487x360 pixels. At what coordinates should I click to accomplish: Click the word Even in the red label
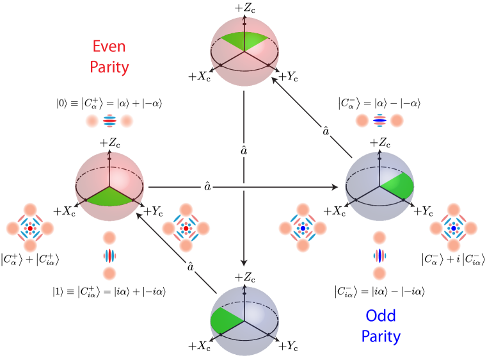tap(109, 47)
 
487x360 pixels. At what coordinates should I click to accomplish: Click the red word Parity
tap(109, 67)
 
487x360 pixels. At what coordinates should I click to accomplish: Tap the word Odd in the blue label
tap(381, 315)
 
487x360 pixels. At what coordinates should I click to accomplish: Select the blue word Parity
tap(381, 336)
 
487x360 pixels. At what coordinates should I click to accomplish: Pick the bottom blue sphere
tap(244, 320)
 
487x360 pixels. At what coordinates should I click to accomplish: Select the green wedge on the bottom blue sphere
tap(224, 320)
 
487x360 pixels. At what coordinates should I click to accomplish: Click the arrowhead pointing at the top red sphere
tap(275, 80)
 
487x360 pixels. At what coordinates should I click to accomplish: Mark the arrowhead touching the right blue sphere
tap(335, 187)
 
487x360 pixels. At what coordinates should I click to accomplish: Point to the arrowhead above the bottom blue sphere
tap(243, 263)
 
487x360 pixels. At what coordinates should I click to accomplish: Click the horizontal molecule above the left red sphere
tap(109, 120)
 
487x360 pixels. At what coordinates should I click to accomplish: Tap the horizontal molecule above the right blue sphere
tap(379, 120)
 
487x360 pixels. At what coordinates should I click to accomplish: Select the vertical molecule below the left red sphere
tap(109, 256)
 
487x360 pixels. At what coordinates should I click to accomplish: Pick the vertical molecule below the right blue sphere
tap(379, 256)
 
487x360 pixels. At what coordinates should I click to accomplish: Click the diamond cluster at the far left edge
tap(30, 228)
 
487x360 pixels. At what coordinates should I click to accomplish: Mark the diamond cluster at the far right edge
tap(454, 228)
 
